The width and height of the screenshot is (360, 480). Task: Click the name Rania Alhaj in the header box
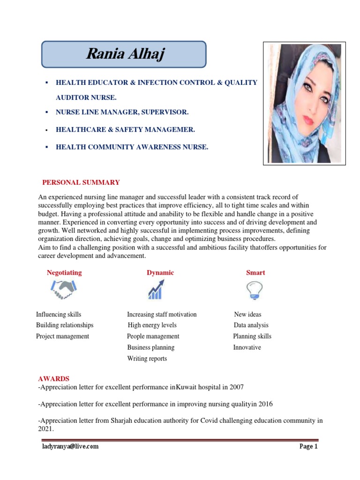click(125, 54)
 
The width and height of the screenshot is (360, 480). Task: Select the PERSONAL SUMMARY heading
click(81, 182)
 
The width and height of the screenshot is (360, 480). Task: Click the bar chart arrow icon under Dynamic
click(156, 290)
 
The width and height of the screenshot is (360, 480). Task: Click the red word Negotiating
click(64, 272)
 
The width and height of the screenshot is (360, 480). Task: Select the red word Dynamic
click(160, 272)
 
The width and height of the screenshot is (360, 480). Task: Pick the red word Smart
click(255, 272)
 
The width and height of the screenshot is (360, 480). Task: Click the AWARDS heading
click(53, 378)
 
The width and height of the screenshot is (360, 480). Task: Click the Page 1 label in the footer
click(308, 447)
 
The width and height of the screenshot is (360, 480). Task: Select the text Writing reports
click(147, 359)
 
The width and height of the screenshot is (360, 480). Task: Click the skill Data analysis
click(251, 325)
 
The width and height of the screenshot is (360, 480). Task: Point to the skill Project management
click(62, 336)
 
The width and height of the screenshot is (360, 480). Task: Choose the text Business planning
click(150, 347)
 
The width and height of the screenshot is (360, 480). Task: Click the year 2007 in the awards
click(236, 387)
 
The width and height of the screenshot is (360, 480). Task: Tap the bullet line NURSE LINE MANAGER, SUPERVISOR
click(122, 112)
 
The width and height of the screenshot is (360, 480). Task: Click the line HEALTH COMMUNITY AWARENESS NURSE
click(132, 147)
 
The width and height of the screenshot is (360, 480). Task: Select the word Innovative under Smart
click(247, 347)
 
